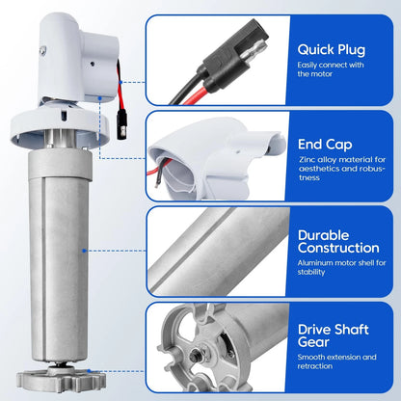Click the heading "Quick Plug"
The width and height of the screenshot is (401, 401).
pos(332,50)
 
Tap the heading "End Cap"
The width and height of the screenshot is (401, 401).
pos(325,145)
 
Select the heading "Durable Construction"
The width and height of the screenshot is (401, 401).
pos(338,242)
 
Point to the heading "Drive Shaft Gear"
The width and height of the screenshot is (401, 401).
pos(334,335)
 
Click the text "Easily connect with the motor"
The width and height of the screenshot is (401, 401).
pos(331,69)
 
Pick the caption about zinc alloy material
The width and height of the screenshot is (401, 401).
pos(342,169)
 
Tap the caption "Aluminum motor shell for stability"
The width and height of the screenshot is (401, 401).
pos(341,267)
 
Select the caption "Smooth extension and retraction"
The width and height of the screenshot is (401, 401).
pos(336,361)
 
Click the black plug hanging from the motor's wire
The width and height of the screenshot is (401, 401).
pos(121,124)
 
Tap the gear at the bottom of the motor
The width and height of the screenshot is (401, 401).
pos(61,380)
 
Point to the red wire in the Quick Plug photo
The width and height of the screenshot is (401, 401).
pos(194,95)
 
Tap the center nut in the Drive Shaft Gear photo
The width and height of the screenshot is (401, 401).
pos(196,355)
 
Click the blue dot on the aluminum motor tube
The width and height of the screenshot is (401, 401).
pos(84,251)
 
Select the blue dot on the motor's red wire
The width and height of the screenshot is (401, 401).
pos(120,82)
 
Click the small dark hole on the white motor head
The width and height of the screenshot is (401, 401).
pos(93,64)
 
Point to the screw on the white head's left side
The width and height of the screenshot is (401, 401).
pos(42,50)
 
